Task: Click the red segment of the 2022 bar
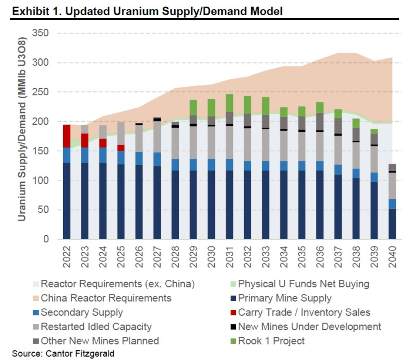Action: coord(66,136)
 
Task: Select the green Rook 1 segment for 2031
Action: coord(229,103)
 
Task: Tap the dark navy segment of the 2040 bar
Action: coord(392,224)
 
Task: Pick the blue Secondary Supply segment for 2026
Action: coord(139,158)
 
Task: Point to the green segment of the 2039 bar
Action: coord(374,131)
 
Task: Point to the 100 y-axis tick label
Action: coord(41,181)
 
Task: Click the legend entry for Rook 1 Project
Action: coord(271,341)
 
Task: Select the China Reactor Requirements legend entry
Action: coord(106,298)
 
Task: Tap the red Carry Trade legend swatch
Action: coord(232,313)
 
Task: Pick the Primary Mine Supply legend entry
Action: coord(284,298)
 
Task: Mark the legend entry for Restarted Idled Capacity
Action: coord(96,327)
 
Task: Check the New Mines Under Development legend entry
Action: coord(309,327)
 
